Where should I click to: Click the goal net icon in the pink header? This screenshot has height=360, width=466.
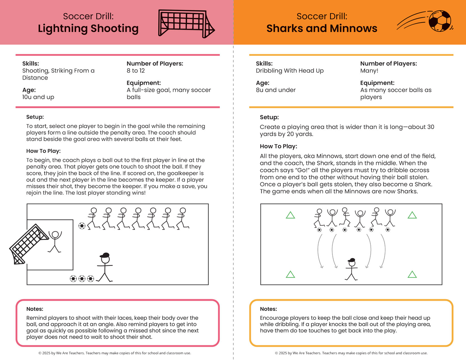click(x=186, y=23)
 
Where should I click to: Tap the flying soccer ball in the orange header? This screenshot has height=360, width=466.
click(x=439, y=21)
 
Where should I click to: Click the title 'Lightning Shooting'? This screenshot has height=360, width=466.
click(x=88, y=28)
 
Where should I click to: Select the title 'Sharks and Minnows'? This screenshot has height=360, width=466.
click(x=322, y=28)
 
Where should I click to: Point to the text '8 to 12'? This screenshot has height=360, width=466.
click(x=136, y=70)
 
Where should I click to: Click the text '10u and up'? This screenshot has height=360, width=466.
click(x=38, y=97)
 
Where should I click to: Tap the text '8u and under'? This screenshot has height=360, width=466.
click(x=276, y=90)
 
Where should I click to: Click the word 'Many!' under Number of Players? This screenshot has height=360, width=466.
click(x=369, y=70)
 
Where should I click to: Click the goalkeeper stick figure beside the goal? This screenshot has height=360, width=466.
click(x=55, y=241)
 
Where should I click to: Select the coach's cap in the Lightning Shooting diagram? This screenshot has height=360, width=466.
click(x=105, y=255)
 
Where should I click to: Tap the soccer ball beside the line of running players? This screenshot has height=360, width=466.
click(x=82, y=226)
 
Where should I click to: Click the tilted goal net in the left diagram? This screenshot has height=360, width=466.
click(x=28, y=244)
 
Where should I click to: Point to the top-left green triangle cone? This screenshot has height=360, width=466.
click(x=290, y=215)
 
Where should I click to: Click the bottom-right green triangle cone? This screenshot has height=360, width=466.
click(x=412, y=274)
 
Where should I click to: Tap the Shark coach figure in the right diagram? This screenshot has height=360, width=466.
click(x=352, y=269)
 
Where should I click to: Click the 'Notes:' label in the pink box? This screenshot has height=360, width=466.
click(x=35, y=309)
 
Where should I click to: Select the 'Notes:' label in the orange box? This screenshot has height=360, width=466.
click(x=269, y=309)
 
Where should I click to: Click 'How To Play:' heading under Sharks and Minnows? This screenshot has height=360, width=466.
click(x=278, y=146)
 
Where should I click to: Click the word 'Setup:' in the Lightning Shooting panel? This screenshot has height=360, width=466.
click(x=35, y=117)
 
